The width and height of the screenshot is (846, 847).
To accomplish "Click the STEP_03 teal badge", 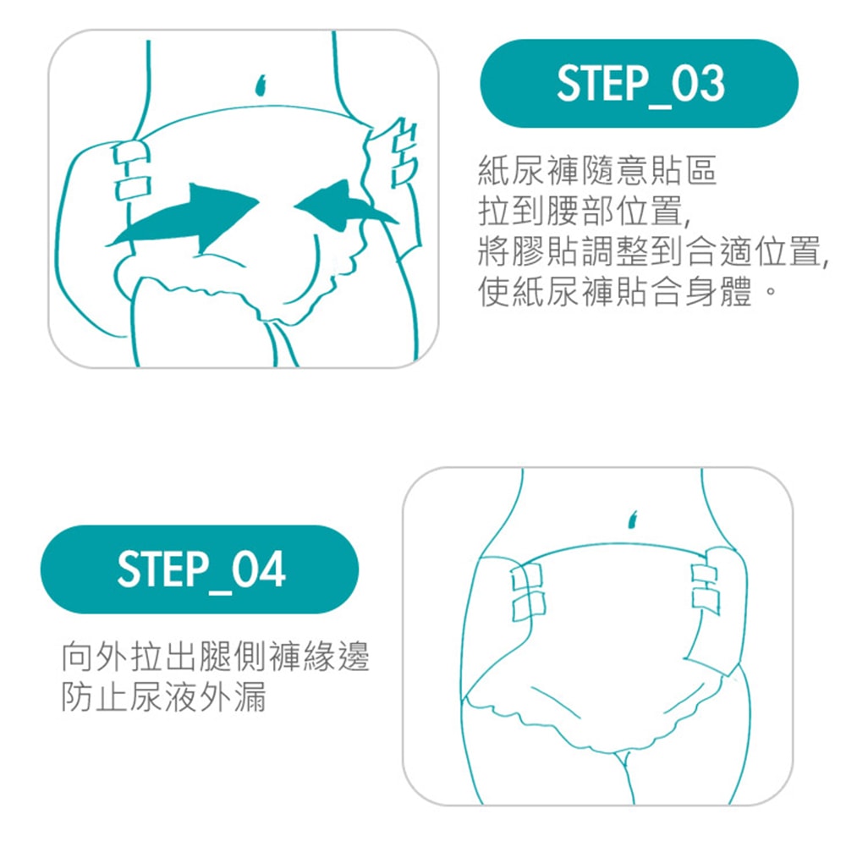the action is click(639, 83).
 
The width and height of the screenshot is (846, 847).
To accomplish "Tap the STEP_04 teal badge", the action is click(200, 569).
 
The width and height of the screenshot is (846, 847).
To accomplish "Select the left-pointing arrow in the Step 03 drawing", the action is click(346, 207).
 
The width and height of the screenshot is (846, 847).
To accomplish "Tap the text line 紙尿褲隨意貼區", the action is click(597, 170).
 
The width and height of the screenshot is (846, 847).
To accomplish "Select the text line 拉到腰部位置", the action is click(584, 211).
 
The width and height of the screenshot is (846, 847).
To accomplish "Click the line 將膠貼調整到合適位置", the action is click(653, 251).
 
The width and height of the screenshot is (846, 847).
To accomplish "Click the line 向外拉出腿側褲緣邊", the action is click(215, 657).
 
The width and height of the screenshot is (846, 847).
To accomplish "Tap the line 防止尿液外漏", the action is click(163, 697).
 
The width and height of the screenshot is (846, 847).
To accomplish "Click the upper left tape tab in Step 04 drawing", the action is click(527, 577).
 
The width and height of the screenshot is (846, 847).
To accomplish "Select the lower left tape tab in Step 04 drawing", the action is click(529, 606).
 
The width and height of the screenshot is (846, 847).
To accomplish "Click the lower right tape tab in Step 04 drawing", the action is click(706, 602).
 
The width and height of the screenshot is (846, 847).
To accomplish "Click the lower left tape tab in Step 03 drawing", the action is click(133, 185).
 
